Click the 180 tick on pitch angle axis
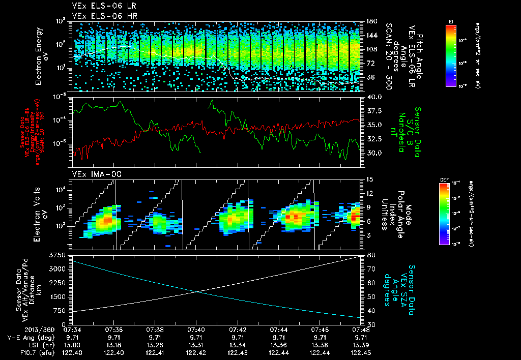371,21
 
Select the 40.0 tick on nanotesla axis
373,97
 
